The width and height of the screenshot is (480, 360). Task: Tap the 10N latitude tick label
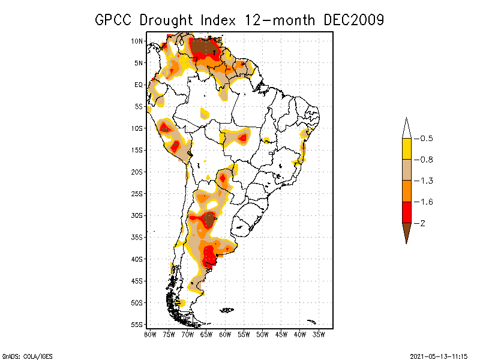(137, 41)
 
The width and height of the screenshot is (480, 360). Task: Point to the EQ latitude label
(139, 85)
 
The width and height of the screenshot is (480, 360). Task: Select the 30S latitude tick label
(137, 215)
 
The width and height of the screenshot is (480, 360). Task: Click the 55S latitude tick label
(137, 325)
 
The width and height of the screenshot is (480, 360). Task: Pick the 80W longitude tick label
(150, 334)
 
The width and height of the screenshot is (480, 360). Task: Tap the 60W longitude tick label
(225, 334)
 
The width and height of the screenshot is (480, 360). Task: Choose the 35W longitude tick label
(319, 334)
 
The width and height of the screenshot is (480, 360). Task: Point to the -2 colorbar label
(422, 223)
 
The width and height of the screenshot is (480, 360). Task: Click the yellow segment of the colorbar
(406, 149)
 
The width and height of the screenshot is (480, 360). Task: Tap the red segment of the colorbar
(406, 212)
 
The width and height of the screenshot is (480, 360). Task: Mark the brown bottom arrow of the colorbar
(406, 232)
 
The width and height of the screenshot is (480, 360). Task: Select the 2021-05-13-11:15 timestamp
(438, 355)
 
